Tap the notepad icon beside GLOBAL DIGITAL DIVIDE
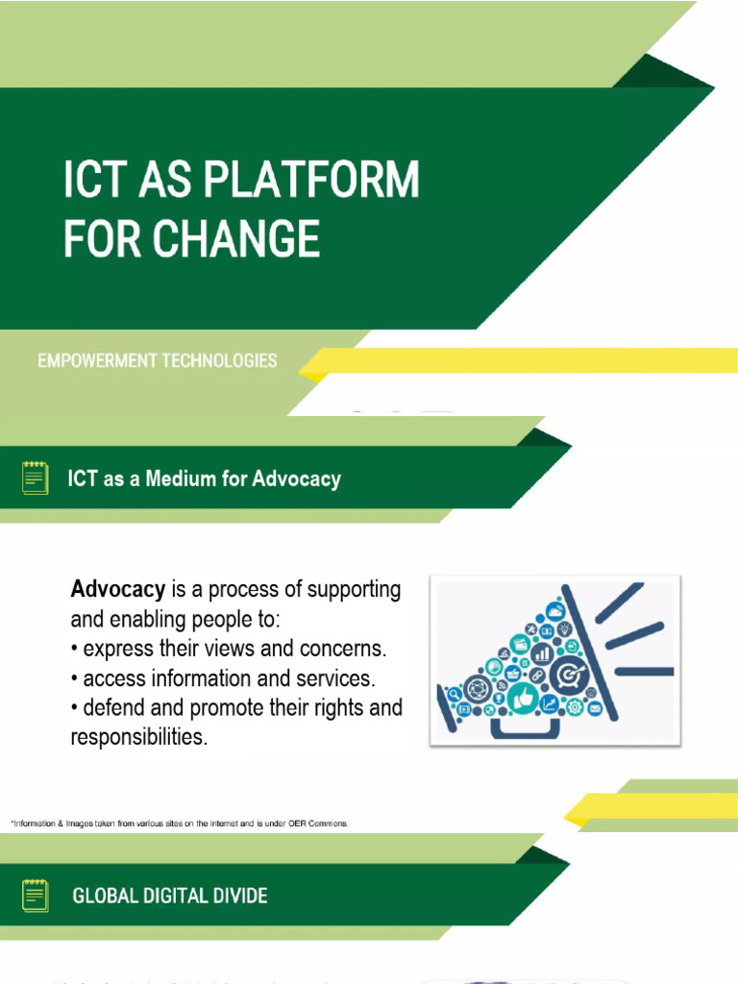(x=36, y=895)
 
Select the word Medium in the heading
(x=182, y=479)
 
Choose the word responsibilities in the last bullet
(x=138, y=738)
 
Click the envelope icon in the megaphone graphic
(x=594, y=709)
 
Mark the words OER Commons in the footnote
(x=320, y=824)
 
